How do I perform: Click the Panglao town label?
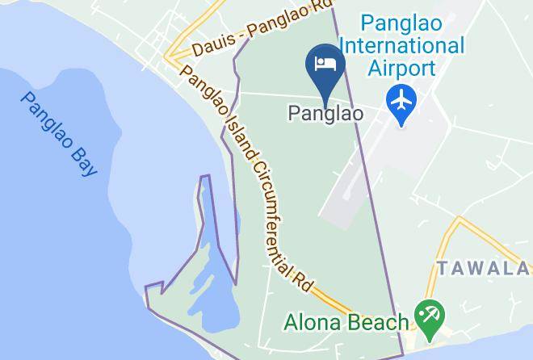click(325, 115)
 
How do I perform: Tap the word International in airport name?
click(413, 44)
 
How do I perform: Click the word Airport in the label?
click(402, 67)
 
